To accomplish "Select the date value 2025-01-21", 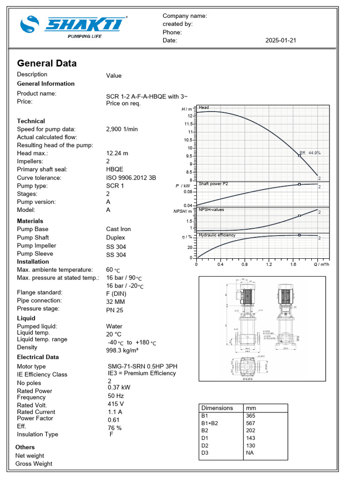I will [x=280, y=41].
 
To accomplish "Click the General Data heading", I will [x=47, y=63].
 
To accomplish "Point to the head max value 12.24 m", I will [x=117, y=153].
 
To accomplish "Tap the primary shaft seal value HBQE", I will [x=115, y=170].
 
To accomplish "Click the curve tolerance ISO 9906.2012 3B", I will [x=131, y=178].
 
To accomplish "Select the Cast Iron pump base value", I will [x=119, y=229].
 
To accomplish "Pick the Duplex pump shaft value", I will [x=116, y=238].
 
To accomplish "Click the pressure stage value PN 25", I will [x=115, y=310].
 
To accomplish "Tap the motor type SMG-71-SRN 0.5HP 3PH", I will [x=142, y=366].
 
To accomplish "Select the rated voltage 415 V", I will [x=116, y=404].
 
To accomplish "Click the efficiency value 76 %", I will [x=115, y=428].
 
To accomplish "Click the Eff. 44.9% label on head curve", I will [x=311, y=153].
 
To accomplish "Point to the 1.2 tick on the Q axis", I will [x=269, y=264].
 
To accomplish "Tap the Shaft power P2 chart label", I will [x=213, y=184].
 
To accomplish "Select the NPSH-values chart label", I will [x=211, y=210].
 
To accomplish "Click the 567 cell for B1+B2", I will [x=251, y=423].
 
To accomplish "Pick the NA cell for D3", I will [x=250, y=453].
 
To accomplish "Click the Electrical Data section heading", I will [x=38, y=357].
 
